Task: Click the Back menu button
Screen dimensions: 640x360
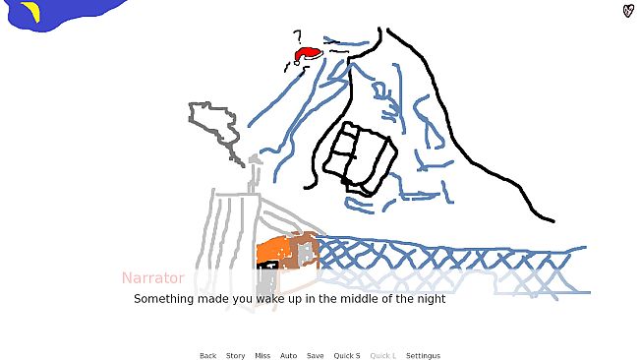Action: click(207, 356)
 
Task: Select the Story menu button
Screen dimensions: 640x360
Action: click(236, 356)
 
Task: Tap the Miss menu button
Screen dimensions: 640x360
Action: click(262, 356)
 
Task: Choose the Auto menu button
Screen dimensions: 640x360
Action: click(288, 356)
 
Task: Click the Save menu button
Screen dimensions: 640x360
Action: click(316, 356)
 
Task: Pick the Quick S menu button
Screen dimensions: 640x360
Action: click(347, 356)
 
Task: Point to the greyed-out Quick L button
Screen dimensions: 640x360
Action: click(382, 356)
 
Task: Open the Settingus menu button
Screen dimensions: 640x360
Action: click(424, 356)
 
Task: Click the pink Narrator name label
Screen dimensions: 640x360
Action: click(153, 278)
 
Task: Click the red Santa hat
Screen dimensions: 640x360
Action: click(308, 55)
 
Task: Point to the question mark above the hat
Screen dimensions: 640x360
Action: click(299, 36)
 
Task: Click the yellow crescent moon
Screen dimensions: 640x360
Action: click(32, 11)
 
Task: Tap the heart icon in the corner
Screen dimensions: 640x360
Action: click(628, 11)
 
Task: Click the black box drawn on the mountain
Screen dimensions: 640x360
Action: click(360, 157)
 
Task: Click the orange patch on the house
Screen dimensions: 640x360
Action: click(272, 252)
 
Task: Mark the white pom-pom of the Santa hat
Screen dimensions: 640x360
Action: click(297, 63)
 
